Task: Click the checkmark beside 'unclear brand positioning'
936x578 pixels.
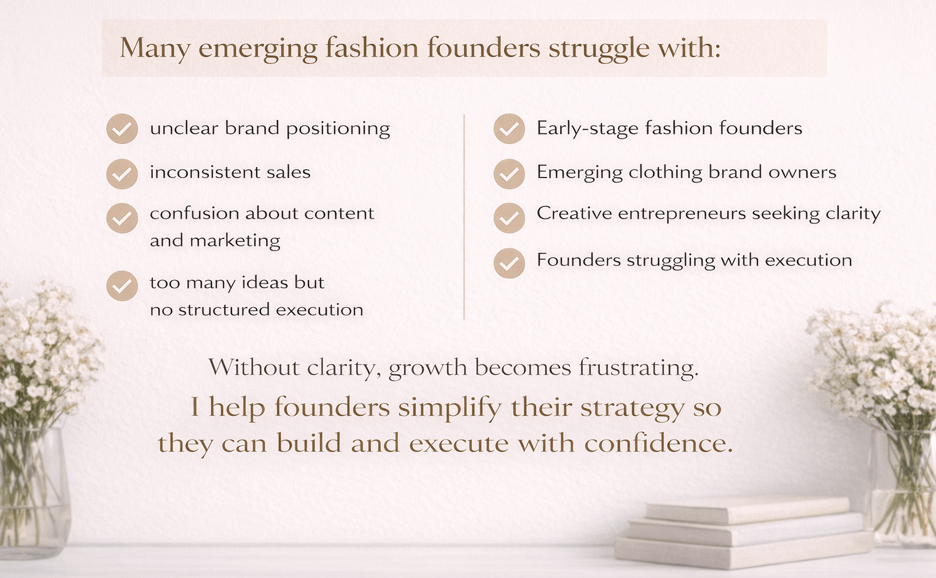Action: [122, 129]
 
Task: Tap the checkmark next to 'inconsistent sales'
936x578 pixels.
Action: [122, 174]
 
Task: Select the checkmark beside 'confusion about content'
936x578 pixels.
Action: [122, 218]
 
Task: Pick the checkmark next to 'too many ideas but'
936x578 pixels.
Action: [122, 286]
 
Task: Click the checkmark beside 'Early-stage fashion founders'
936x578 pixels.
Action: [509, 129]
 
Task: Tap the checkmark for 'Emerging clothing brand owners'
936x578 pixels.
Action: [509, 174]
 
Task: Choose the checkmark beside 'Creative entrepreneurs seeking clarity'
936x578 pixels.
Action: [509, 218]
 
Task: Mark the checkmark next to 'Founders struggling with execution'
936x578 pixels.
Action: [509, 263]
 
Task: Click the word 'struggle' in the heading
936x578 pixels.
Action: [599, 49]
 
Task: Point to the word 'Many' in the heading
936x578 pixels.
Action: [155, 49]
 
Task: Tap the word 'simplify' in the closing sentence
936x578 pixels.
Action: [451, 408]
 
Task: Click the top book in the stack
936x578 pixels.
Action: [748, 510]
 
